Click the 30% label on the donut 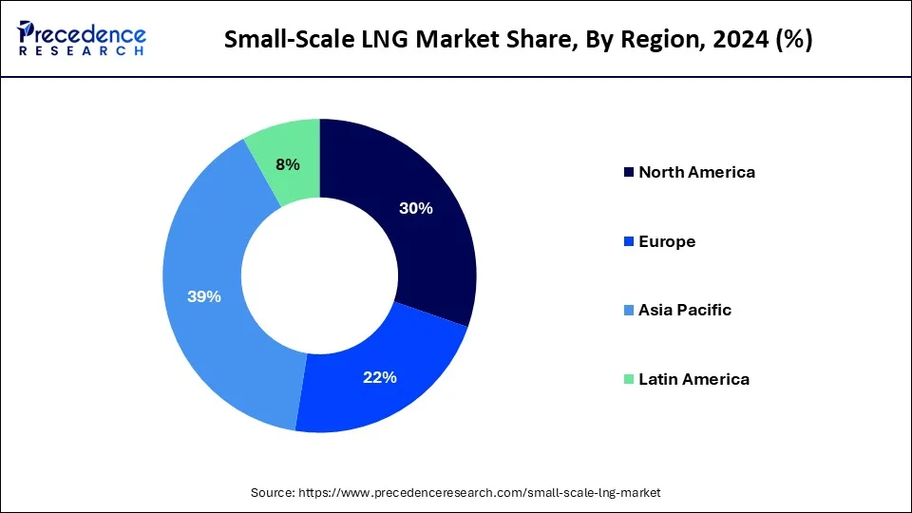coord(416,208)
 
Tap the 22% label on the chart coord(379,377)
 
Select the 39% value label coord(204,296)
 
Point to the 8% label coord(288,164)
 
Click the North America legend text coord(696,172)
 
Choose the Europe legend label coord(667,241)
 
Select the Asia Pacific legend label coord(685,310)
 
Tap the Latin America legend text coord(693,379)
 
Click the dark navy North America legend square coord(628,172)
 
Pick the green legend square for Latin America coord(628,379)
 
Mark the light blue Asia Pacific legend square coord(628,311)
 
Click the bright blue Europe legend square coord(628,241)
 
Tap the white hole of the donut coord(319,275)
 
